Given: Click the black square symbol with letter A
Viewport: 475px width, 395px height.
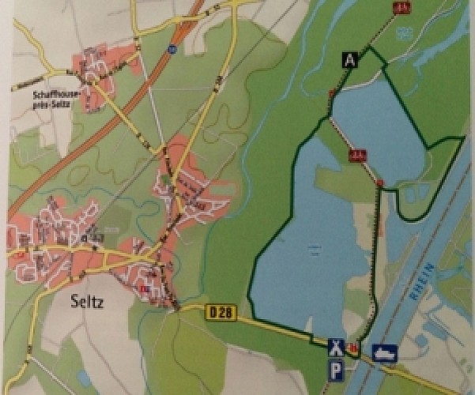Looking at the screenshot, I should [349, 58].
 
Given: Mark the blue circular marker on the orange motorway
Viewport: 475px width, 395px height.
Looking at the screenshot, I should [172, 49].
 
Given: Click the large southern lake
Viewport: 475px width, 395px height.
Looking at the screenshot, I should [308, 253].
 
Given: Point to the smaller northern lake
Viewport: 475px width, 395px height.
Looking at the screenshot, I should [379, 126].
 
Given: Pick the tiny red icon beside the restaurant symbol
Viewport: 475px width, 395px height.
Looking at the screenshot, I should [353, 348].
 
